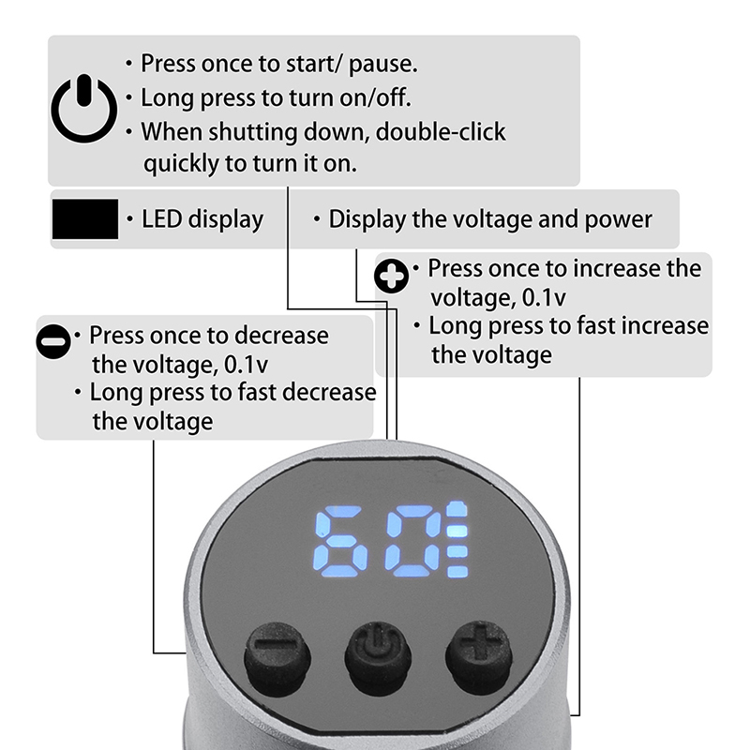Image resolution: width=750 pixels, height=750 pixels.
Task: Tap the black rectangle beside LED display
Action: click(x=85, y=219)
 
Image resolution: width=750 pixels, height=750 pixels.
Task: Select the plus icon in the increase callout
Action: click(x=392, y=276)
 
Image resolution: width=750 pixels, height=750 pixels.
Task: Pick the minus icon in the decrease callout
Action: click(x=53, y=341)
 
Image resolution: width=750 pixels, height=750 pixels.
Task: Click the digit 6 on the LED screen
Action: click(x=340, y=541)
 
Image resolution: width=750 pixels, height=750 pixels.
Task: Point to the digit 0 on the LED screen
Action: click(x=414, y=541)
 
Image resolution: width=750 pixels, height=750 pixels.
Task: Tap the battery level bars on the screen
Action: click(x=457, y=540)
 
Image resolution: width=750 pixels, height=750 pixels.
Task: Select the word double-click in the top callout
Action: click(x=441, y=131)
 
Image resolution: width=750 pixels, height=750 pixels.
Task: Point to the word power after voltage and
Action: click(x=618, y=220)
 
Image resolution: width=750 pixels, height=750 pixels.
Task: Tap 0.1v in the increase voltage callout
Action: click(x=544, y=297)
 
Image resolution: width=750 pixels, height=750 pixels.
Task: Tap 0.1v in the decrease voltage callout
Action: click(x=246, y=365)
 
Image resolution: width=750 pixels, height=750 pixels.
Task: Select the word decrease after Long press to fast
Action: click(x=329, y=392)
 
